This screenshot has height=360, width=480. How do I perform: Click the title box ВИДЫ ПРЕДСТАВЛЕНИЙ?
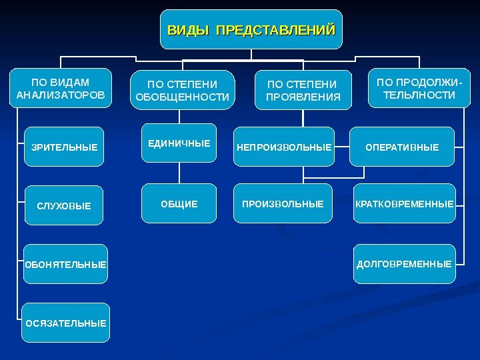point(251,29)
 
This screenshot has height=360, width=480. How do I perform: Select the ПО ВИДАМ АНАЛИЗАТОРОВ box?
point(61,89)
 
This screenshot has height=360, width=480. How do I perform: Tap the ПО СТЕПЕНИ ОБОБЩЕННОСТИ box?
point(182,91)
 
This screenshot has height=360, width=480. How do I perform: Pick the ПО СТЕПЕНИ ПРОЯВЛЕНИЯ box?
point(303,91)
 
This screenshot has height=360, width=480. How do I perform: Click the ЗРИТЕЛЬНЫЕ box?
point(64,147)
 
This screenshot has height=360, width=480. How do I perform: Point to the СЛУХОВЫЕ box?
point(64,205)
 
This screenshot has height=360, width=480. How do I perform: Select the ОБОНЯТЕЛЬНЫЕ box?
point(65,265)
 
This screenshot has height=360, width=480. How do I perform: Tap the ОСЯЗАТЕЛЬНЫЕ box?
point(65,323)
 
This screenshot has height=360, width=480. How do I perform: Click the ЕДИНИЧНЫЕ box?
point(179,143)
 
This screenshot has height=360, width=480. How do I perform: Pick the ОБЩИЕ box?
point(179,203)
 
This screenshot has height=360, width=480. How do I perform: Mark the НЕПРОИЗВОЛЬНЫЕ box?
point(283,147)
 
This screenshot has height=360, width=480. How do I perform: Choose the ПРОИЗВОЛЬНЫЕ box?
point(283,203)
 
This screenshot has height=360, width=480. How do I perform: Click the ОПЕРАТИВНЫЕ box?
point(402,147)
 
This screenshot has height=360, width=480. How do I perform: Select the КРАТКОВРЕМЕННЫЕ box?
point(404,203)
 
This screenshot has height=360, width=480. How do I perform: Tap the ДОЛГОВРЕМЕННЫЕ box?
point(404,264)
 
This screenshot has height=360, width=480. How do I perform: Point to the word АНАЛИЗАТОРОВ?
point(61,95)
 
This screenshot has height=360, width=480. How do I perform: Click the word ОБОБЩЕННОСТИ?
point(182,97)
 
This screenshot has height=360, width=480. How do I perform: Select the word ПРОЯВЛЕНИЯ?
point(303,97)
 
